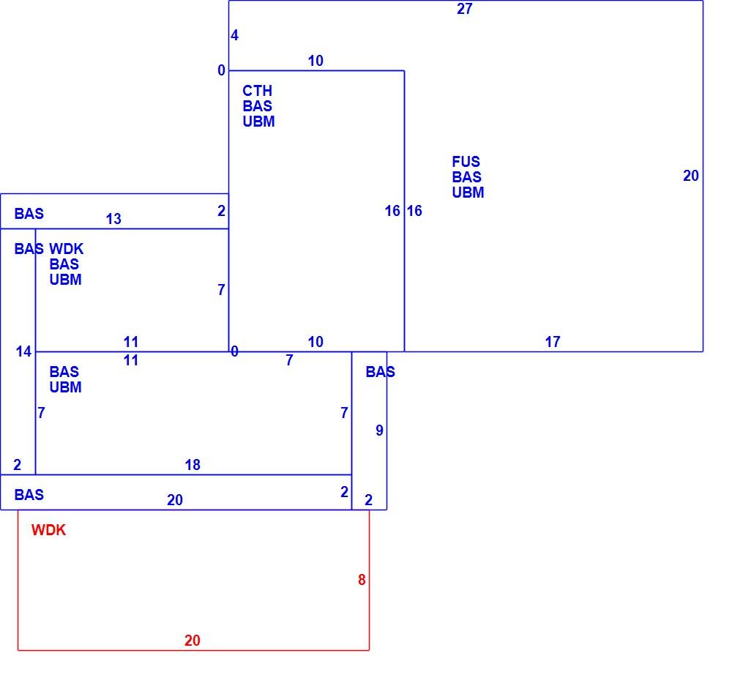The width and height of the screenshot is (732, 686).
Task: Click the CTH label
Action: click(x=257, y=91)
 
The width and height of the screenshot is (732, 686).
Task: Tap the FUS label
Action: click(x=466, y=162)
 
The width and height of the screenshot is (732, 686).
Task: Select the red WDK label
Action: click(x=48, y=530)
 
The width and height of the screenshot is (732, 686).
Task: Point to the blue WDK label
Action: click(x=67, y=248)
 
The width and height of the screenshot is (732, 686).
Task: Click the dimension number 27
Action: click(x=465, y=9)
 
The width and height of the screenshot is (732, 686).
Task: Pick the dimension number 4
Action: click(x=234, y=35)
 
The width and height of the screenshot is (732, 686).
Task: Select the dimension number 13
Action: click(x=113, y=219)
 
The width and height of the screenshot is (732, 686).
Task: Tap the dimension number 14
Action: click(x=23, y=351)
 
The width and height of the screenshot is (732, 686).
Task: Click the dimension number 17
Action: click(x=553, y=342)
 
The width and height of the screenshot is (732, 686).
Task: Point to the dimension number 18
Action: click(x=193, y=465)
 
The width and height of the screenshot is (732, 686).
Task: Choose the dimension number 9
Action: click(x=379, y=430)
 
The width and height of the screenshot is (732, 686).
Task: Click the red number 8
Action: click(x=362, y=580)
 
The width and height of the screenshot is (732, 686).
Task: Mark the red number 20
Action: click(x=193, y=640)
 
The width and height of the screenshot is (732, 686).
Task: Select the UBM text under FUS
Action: click(x=468, y=193)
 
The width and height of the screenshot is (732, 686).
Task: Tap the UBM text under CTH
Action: click(x=258, y=122)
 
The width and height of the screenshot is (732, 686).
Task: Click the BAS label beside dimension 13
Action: click(x=29, y=213)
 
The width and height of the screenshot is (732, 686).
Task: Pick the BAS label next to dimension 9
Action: click(x=380, y=372)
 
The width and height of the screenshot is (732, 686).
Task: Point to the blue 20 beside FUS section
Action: click(x=691, y=176)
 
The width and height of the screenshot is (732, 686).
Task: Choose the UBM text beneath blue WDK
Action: click(x=65, y=279)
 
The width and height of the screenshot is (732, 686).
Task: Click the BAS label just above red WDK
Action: click(x=29, y=494)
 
